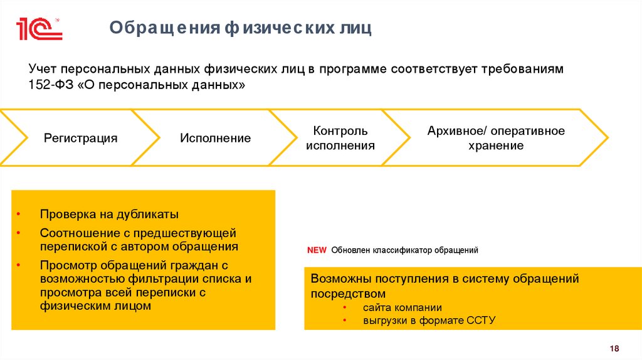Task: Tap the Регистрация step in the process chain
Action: (80, 138)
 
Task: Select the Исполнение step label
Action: (216, 138)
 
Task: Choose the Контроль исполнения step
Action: (340, 138)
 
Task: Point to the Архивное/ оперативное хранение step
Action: (496, 138)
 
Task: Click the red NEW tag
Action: (317, 250)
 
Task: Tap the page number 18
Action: (614, 349)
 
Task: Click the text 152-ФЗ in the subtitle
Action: (51, 85)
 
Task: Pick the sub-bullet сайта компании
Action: (402, 307)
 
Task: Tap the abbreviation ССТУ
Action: (481, 320)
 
